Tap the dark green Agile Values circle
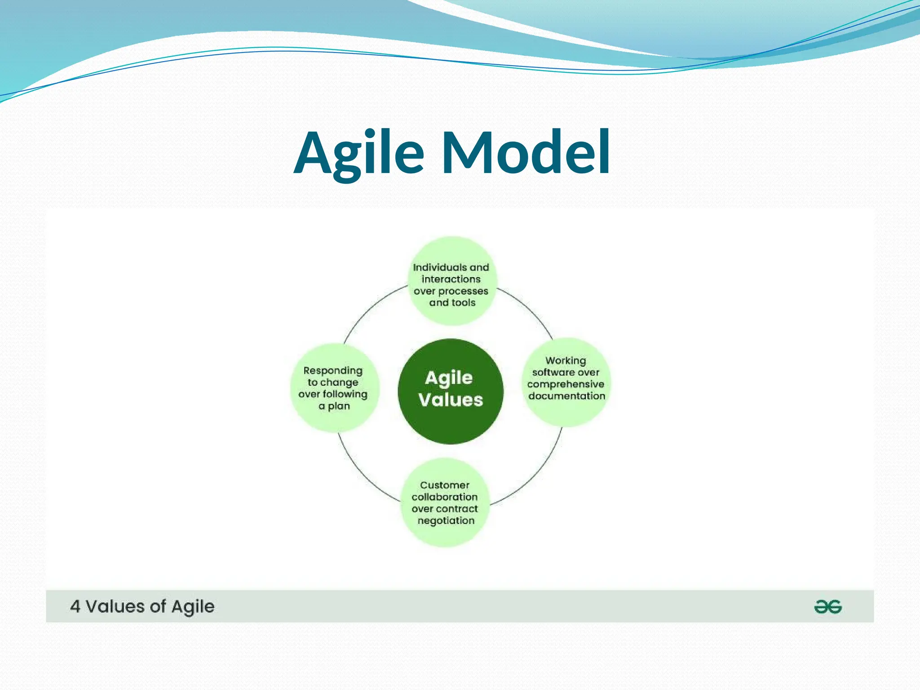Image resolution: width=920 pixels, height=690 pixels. (x=451, y=391)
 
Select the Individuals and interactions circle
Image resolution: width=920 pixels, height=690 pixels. (x=452, y=281)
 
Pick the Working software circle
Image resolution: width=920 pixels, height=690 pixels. (x=566, y=382)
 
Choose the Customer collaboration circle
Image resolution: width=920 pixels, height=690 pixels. (x=445, y=502)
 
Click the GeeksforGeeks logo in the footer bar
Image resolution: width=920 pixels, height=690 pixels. (x=827, y=607)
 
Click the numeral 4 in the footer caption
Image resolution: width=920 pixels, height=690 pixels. (x=75, y=606)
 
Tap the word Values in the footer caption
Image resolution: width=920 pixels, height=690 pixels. (x=115, y=606)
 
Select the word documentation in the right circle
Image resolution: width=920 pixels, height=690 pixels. (x=566, y=396)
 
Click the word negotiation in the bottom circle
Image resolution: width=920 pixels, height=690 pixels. (x=446, y=521)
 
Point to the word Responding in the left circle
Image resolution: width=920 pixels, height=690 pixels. (x=333, y=371)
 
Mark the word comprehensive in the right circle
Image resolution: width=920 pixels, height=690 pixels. (x=566, y=385)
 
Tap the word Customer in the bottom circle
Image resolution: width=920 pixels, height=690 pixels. (x=445, y=485)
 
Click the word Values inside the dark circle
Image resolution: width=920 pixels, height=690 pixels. (x=451, y=400)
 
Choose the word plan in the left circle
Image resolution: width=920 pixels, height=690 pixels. (x=339, y=406)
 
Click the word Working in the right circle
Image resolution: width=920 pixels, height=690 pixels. (x=566, y=361)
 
